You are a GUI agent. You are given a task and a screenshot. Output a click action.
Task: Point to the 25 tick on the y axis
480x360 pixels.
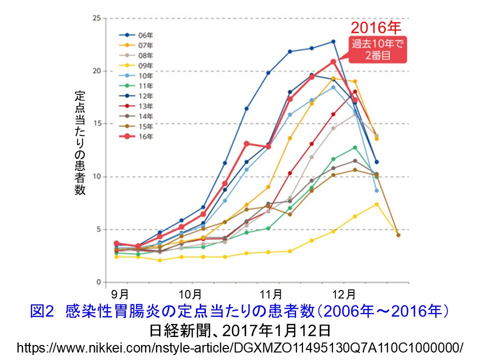click(96, 18)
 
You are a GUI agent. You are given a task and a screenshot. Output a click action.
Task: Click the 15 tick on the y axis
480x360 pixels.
click(96, 123)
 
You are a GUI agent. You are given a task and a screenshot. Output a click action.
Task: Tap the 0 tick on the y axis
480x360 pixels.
click(98, 282)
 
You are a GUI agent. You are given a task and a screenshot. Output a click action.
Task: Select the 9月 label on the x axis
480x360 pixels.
click(120, 293)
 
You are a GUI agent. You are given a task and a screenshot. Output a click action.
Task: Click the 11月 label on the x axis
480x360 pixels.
click(270, 293)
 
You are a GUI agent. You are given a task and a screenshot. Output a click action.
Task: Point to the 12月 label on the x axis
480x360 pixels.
click(344, 293)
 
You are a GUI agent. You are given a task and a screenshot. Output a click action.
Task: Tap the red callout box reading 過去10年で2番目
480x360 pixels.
click(377, 49)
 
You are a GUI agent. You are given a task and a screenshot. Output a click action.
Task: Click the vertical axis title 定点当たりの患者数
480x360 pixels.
click(80, 142)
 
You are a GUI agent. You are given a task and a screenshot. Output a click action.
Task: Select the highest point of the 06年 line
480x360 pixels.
click(333, 41)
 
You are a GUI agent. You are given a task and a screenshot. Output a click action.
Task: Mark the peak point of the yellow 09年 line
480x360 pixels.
click(376, 204)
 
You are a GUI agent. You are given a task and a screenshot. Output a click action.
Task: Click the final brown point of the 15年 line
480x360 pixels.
click(398, 235)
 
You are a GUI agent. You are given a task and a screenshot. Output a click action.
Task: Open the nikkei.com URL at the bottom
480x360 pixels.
click(240, 347)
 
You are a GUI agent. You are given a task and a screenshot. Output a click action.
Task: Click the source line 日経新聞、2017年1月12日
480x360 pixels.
click(240, 330)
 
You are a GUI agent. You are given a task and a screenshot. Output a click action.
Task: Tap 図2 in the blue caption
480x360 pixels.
click(41, 311)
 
